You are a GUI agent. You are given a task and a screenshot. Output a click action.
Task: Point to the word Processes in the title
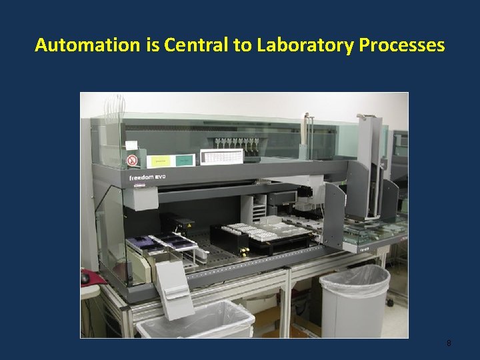[402, 45]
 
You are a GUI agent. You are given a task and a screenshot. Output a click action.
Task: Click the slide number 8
[449, 343]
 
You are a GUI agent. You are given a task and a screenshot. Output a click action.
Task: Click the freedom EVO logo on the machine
[147, 178]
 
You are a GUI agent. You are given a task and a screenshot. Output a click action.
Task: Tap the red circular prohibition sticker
[132, 161]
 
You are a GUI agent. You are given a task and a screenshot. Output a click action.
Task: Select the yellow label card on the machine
[159, 161]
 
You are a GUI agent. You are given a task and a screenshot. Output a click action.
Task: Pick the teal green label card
[185, 160]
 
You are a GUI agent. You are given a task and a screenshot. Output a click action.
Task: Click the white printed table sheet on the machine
[221, 157]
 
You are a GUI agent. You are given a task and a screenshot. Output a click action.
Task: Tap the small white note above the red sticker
[131, 145]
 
